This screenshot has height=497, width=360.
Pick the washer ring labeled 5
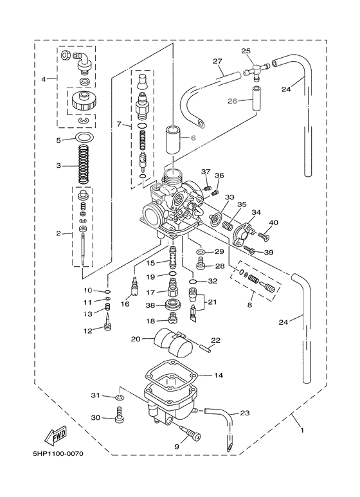[82, 138]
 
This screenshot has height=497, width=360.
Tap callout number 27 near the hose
[217, 61]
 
